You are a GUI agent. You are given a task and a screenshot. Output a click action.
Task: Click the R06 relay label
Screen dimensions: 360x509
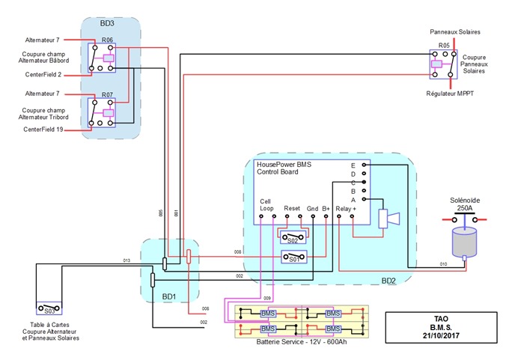pos(107,39)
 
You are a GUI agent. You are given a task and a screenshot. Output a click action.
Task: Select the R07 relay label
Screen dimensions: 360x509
pos(107,95)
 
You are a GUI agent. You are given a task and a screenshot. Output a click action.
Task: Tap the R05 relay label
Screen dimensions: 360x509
pos(444,46)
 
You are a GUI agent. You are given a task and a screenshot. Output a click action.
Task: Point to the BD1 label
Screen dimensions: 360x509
pos(169,297)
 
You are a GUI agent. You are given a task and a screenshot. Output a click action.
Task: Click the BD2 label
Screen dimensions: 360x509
pos(388,281)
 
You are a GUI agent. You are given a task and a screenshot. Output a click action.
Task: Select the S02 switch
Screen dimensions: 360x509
pos(293,239)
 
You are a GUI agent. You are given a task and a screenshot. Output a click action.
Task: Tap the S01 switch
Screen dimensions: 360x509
pos(293,259)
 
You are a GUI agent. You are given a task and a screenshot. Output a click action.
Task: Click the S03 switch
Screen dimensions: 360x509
pos(49,308)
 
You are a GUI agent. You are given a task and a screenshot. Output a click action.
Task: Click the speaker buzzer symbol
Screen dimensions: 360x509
pos(388,219)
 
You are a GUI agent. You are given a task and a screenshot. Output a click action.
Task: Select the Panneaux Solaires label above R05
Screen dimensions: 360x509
pos(454,33)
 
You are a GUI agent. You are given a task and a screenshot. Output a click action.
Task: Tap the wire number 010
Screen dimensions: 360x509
pos(443,264)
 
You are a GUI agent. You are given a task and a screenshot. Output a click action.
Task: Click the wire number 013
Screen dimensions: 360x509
pos(127,260)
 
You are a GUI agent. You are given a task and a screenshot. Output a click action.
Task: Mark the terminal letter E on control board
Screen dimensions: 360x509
pos(353,165)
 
